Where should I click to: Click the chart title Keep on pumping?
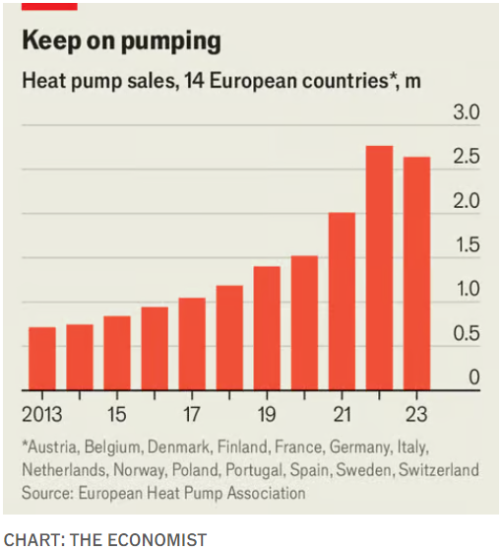point(120,41)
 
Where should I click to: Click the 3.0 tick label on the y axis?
point(466,112)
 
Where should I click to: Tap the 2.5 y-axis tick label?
point(466,158)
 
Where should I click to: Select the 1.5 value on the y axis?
point(466,245)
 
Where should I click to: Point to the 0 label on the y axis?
point(474,378)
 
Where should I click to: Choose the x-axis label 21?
point(342,412)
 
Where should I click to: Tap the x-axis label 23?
point(416,412)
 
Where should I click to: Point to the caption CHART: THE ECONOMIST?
point(105,538)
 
